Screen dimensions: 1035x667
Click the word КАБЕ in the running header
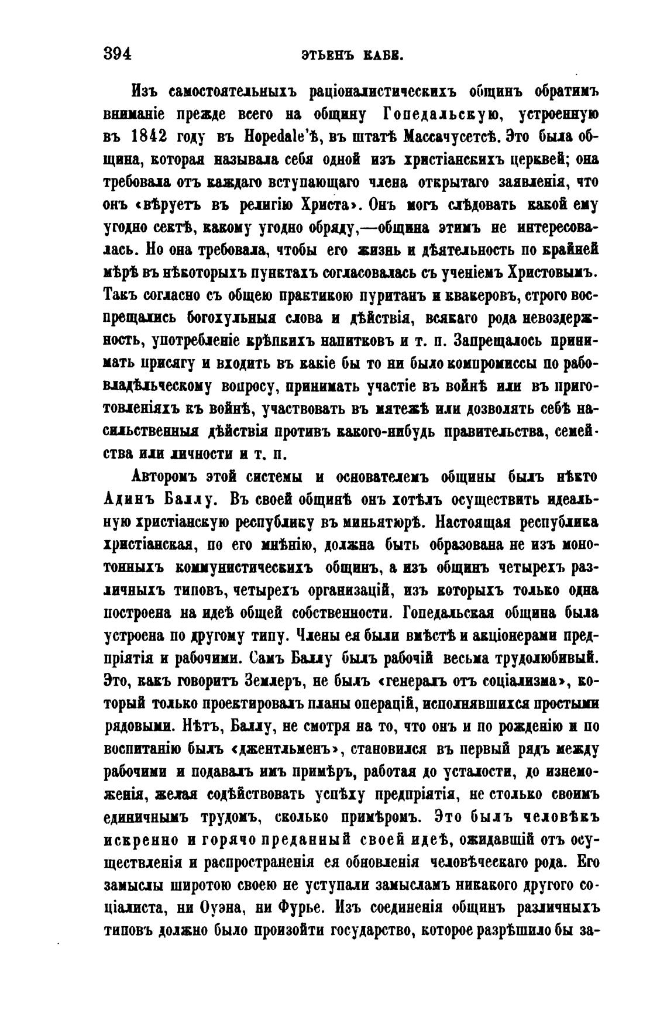[x=386, y=56]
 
